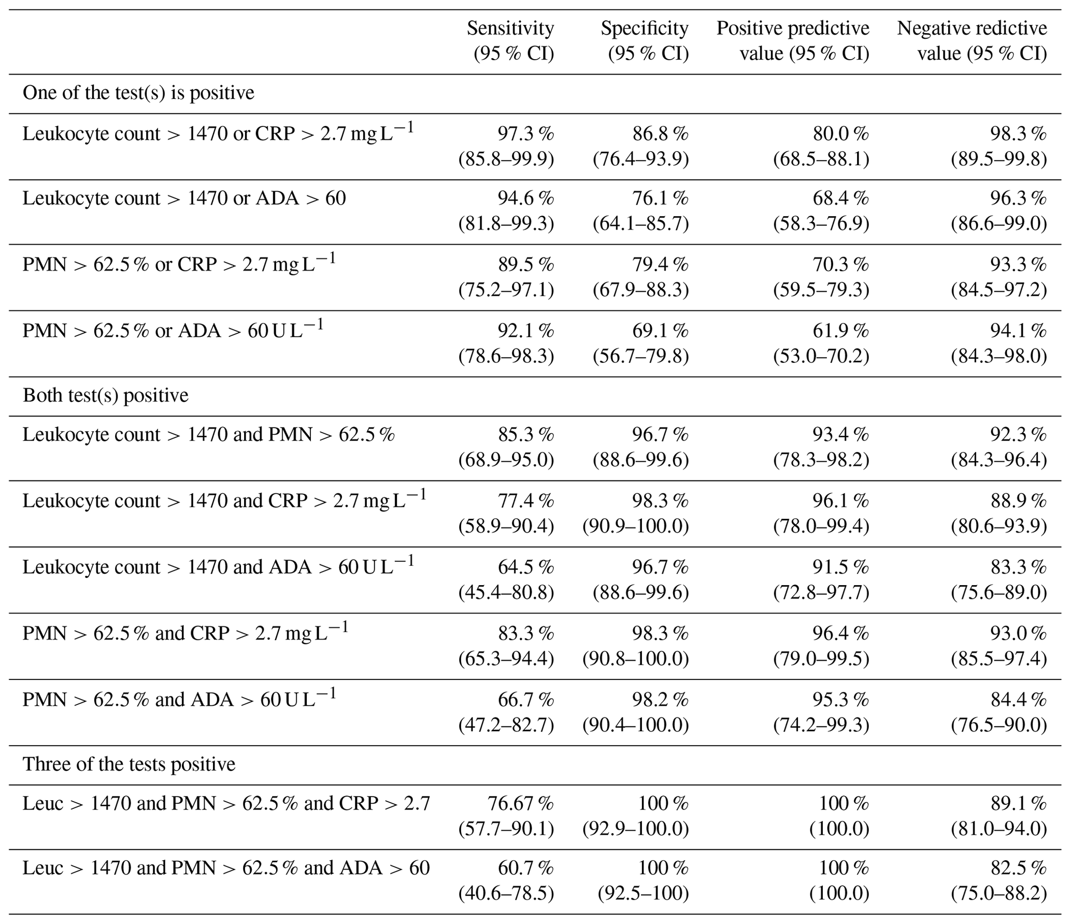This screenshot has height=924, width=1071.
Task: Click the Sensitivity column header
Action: click(x=510, y=40)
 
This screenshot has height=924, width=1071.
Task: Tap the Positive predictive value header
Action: click(x=792, y=40)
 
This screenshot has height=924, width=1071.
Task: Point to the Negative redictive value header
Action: click(x=972, y=40)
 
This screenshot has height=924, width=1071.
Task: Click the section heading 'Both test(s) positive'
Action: click(x=105, y=395)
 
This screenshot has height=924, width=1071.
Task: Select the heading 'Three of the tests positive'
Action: click(x=129, y=764)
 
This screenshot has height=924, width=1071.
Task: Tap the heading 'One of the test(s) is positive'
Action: click(x=138, y=93)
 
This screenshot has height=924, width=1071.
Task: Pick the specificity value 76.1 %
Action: click(x=660, y=198)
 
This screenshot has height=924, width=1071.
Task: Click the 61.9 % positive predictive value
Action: click(x=840, y=331)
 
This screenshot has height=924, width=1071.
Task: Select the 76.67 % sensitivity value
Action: click(x=520, y=804)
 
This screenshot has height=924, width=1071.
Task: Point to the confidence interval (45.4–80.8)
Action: click(x=506, y=592)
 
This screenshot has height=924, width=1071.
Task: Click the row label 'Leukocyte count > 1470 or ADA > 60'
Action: click(x=184, y=198)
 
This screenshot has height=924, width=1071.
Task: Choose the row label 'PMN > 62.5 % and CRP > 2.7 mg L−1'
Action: click(x=185, y=633)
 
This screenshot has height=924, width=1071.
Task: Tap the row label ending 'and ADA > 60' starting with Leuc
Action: click(x=226, y=868)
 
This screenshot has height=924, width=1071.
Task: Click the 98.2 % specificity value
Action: click(x=660, y=700)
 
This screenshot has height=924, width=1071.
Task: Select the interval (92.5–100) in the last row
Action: click(x=643, y=893)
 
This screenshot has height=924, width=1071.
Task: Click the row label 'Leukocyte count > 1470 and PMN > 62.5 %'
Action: click(x=208, y=435)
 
